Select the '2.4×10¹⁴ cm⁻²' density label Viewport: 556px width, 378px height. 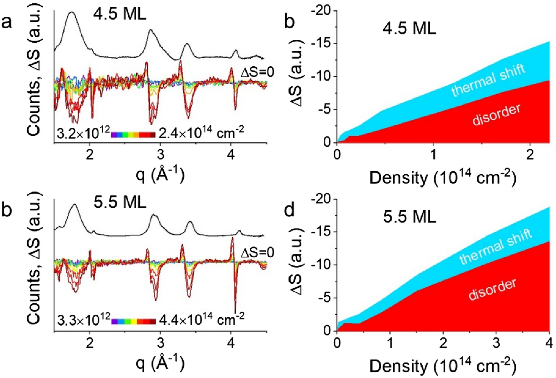click(201, 134)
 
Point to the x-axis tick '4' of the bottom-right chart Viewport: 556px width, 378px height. click(549, 341)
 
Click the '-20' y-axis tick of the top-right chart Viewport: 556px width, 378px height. click(320, 10)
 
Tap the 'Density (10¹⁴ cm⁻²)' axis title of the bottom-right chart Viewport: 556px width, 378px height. click(443, 364)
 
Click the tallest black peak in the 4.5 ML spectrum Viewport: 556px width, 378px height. click(72, 13)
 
